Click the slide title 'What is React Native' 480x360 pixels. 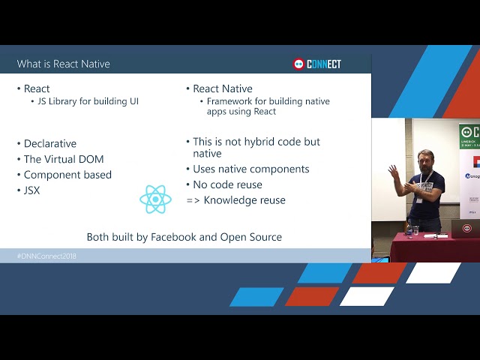(64, 64)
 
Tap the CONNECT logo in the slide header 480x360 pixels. (316, 64)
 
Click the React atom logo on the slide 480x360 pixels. (155, 199)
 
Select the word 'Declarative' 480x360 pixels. (50, 143)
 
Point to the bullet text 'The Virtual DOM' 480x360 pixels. (64, 159)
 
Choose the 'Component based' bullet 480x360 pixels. (67, 175)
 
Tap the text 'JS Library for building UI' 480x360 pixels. (88, 101)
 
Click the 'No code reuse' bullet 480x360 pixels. (228, 184)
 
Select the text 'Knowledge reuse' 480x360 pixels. (244, 200)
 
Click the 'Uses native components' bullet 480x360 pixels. (251, 169)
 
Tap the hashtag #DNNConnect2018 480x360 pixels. (46, 256)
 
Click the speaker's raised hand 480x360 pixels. (393, 172)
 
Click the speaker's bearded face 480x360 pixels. (425, 161)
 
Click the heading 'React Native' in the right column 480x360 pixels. (223, 88)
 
